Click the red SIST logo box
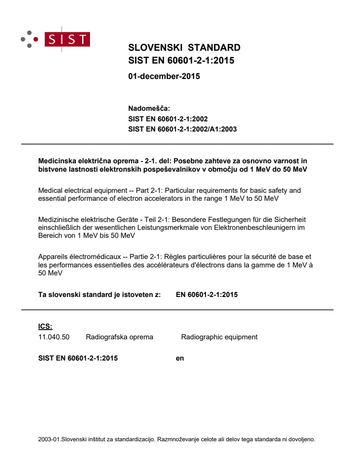tap(68, 39)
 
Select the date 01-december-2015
tap(164, 76)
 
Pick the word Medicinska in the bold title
tap(55, 161)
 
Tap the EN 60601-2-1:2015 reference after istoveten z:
tap(206, 294)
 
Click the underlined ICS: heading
tap(45, 327)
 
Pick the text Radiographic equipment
tap(219, 337)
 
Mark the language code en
tap(180, 358)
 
